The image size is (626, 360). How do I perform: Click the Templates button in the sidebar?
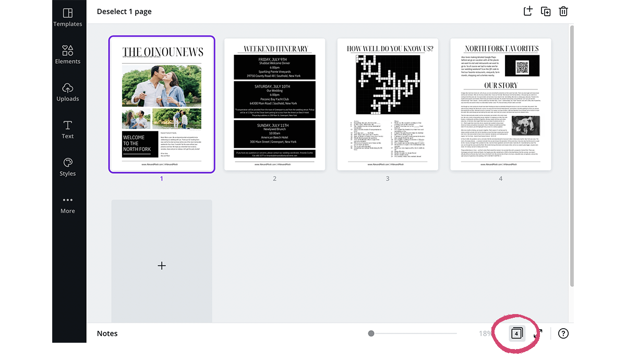67,17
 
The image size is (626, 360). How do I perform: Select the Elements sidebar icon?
67,54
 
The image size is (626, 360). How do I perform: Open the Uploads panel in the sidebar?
67,92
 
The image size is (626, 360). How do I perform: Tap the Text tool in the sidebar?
67,129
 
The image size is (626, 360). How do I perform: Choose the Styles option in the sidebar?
67,167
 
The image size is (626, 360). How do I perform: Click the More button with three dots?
67,205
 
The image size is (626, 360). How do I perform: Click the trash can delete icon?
563,11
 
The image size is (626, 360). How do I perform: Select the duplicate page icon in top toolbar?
546,11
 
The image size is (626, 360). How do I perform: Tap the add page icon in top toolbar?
528,11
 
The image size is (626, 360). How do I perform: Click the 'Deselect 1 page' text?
124,11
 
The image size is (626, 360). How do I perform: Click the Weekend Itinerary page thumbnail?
274,104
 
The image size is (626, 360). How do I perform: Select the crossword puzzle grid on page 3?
388,85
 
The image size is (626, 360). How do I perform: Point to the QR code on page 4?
522,68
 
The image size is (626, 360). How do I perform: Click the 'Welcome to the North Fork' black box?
140,143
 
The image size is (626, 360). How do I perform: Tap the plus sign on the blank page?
162,266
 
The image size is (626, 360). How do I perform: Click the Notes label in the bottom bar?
107,333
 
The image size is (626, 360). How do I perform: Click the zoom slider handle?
371,333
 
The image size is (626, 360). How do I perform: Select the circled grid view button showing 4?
516,333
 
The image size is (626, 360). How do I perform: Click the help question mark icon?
563,333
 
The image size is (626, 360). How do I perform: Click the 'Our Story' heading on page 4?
501,85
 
